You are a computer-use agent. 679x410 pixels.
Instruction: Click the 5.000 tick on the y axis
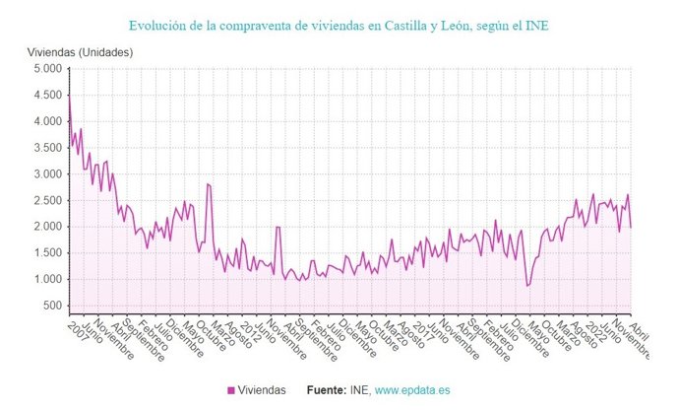46,69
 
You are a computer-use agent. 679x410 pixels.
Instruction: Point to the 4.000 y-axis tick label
46,121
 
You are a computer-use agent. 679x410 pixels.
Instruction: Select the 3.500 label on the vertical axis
46,148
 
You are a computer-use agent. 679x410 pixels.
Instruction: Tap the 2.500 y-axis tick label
46,200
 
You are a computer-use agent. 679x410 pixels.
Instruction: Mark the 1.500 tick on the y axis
46,252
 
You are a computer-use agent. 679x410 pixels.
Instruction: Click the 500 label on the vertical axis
52,305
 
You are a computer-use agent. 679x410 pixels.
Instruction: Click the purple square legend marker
231,390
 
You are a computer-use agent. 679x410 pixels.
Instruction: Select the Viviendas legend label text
263,390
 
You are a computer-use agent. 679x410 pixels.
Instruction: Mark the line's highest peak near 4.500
69,97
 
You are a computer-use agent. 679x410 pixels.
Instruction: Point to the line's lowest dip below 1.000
527,286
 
